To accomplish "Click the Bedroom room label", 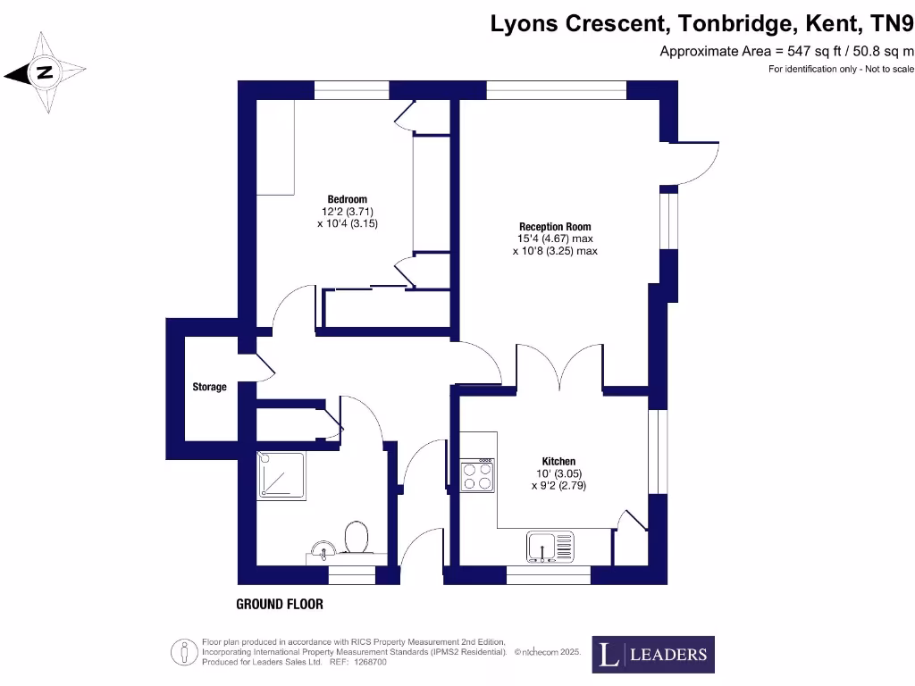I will click(347, 199).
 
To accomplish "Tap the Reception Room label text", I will click(555, 227).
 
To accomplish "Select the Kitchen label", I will click(558, 461).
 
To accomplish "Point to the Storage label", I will click(210, 388).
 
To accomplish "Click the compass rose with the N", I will click(43, 72).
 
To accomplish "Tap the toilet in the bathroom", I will click(357, 539).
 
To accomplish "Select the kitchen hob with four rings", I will click(477, 475).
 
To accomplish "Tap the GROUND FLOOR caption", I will click(280, 605).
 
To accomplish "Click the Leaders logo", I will click(655, 655).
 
